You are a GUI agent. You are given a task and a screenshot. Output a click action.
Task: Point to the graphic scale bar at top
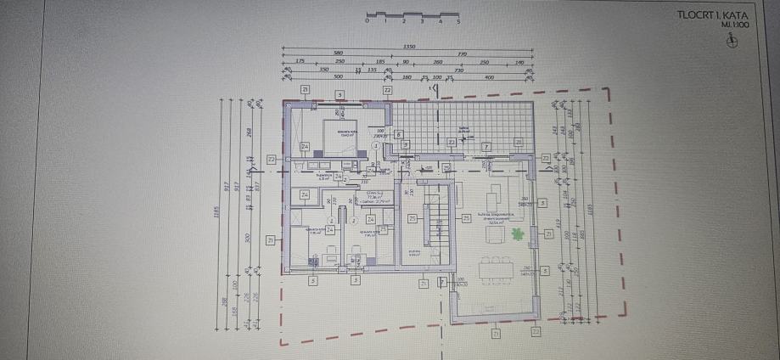(412, 15)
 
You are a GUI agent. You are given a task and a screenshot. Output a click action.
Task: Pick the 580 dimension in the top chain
(339, 54)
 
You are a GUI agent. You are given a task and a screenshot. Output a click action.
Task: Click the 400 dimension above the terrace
(489, 77)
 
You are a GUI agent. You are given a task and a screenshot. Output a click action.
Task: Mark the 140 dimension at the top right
(519, 62)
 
